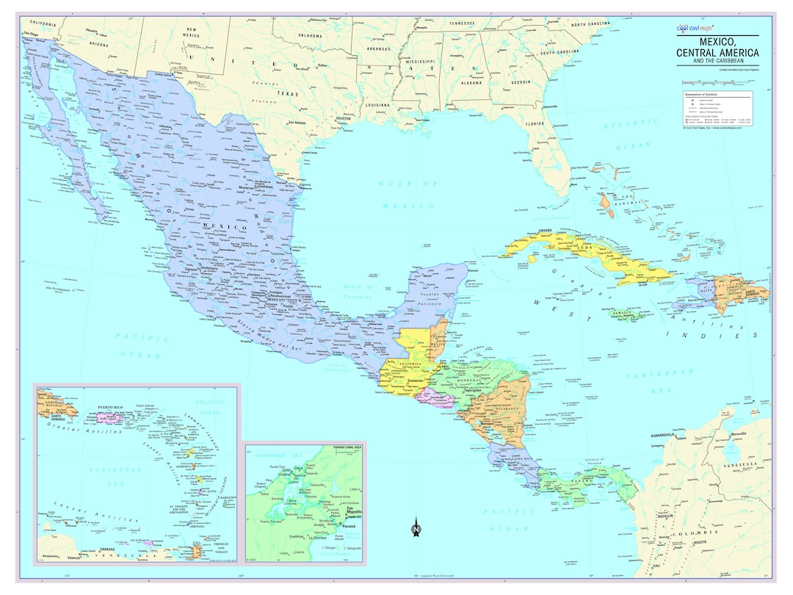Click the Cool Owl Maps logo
[693, 27]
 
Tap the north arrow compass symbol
[416, 527]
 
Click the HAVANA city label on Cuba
[545, 231]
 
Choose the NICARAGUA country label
[492, 408]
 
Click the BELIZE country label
[438, 343]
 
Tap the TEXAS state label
[289, 94]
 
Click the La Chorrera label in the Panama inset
[317, 538]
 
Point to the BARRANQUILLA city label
[667, 436]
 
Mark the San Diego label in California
[31, 34]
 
